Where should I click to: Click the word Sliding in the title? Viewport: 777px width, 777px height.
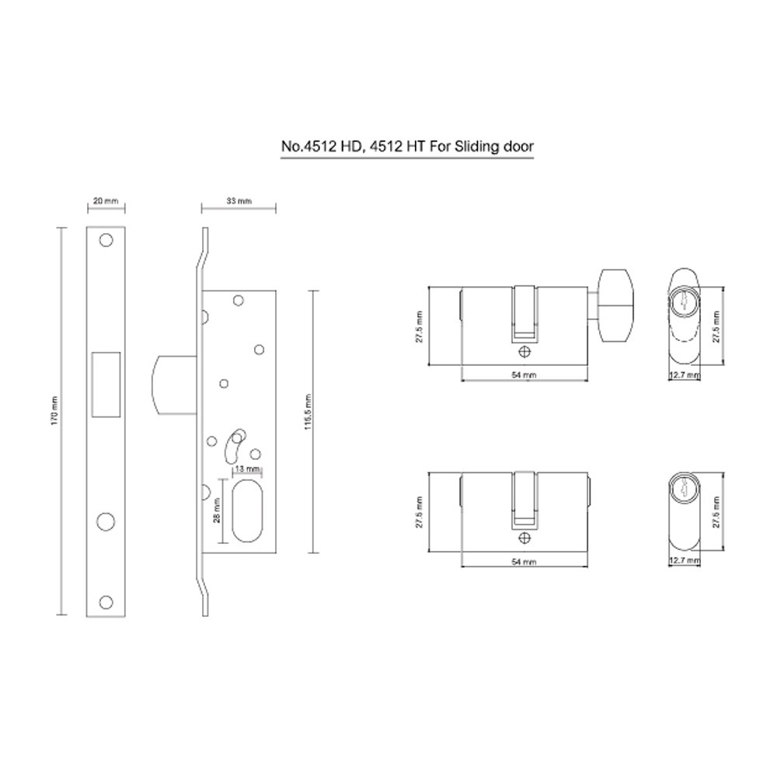pyautogui.click(x=474, y=147)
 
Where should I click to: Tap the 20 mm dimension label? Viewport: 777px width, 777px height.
pyautogui.click(x=106, y=200)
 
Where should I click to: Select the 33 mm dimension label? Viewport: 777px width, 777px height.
pyautogui.click(x=239, y=200)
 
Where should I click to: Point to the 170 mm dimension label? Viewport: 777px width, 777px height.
pyautogui.click(x=54, y=410)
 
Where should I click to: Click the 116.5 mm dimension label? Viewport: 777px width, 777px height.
pyautogui.click(x=308, y=412)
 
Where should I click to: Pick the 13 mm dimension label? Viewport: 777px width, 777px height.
pyautogui.click(x=247, y=469)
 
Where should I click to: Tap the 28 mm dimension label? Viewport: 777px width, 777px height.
pyautogui.click(x=217, y=510)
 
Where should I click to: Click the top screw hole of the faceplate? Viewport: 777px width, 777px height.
pyautogui.click(x=106, y=240)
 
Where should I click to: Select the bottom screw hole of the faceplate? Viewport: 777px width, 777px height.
pyautogui.click(x=106, y=602)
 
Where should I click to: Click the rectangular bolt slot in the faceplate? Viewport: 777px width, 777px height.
pyautogui.click(x=106, y=385)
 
